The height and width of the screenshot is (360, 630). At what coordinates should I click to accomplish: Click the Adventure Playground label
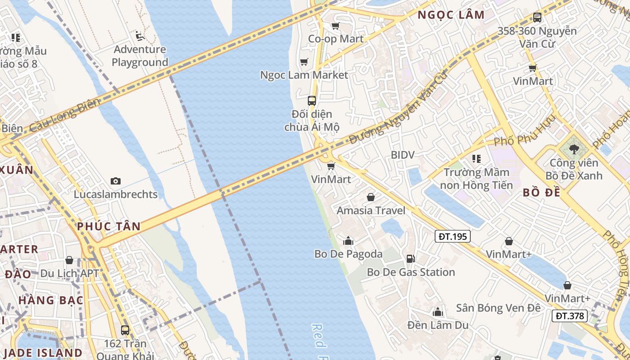(139, 56)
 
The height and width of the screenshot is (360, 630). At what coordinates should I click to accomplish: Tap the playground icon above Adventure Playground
(139, 35)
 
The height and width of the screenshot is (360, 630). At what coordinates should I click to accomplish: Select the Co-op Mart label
(336, 39)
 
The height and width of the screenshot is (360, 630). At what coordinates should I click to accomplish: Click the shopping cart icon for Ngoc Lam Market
(304, 62)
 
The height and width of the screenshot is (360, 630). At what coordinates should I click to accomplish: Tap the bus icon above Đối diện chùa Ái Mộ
(312, 101)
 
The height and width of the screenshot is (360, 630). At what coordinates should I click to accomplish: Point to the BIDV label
(402, 155)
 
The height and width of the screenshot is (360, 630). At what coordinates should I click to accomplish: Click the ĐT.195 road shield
(453, 236)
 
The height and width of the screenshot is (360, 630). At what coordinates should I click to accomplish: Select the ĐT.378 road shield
(570, 316)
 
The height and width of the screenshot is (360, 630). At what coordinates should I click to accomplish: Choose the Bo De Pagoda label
(348, 254)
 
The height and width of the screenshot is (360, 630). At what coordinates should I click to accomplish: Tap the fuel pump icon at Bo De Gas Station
(410, 259)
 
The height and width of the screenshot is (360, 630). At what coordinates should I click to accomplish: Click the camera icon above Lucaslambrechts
(116, 181)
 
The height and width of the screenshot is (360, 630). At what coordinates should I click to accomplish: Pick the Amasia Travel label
(371, 211)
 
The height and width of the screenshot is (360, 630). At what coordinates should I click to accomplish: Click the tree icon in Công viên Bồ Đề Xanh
(573, 149)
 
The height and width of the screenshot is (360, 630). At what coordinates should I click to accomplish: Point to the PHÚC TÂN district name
(108, 226)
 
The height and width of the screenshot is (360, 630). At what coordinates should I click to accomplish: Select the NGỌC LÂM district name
(451, 15)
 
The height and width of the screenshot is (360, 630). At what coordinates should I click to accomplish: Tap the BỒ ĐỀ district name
(542, 193)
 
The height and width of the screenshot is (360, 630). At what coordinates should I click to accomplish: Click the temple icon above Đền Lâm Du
(437, 312)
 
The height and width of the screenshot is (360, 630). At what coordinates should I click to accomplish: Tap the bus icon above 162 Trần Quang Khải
(125, 330)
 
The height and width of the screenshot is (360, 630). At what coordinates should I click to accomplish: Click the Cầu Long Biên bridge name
(64, 115)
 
